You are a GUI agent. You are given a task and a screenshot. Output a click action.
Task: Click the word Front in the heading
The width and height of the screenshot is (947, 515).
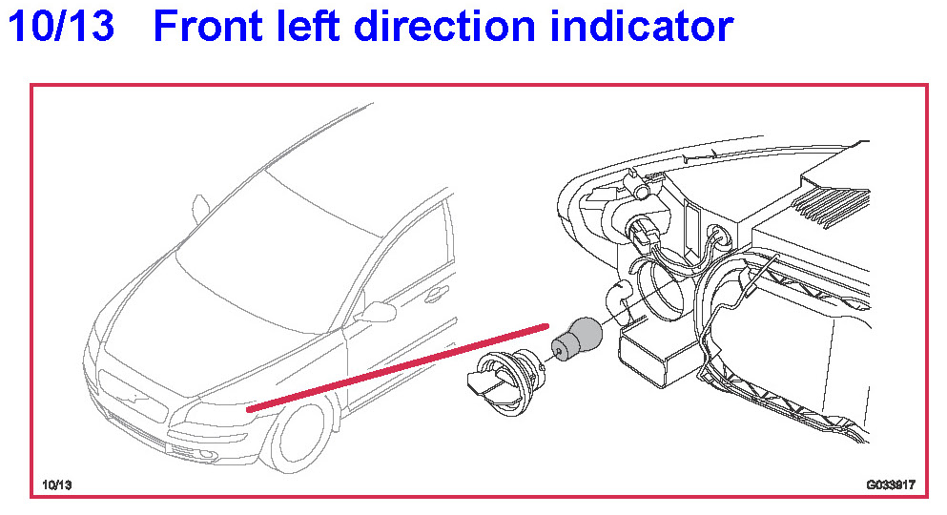pos(208,26)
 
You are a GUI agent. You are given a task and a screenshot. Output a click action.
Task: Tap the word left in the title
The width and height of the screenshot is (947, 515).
pos(308,26)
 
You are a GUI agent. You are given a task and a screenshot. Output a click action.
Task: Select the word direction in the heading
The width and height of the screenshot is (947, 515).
pos(443,26)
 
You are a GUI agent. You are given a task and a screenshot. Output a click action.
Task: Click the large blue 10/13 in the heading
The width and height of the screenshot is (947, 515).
pos(61,26)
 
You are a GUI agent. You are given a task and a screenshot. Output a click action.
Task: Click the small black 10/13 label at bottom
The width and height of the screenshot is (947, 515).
pos(57,484)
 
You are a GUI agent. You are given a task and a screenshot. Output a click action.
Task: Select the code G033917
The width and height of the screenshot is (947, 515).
pos(891,484)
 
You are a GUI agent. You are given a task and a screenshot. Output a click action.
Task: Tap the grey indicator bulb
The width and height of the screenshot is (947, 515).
pos(577,340)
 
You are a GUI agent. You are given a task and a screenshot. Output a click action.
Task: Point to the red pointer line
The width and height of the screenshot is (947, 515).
pos(398,368)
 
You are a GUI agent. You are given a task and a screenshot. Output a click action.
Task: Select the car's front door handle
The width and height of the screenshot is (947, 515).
pos(436,296)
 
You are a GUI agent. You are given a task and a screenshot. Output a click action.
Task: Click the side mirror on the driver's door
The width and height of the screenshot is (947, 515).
pos(378,312)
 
